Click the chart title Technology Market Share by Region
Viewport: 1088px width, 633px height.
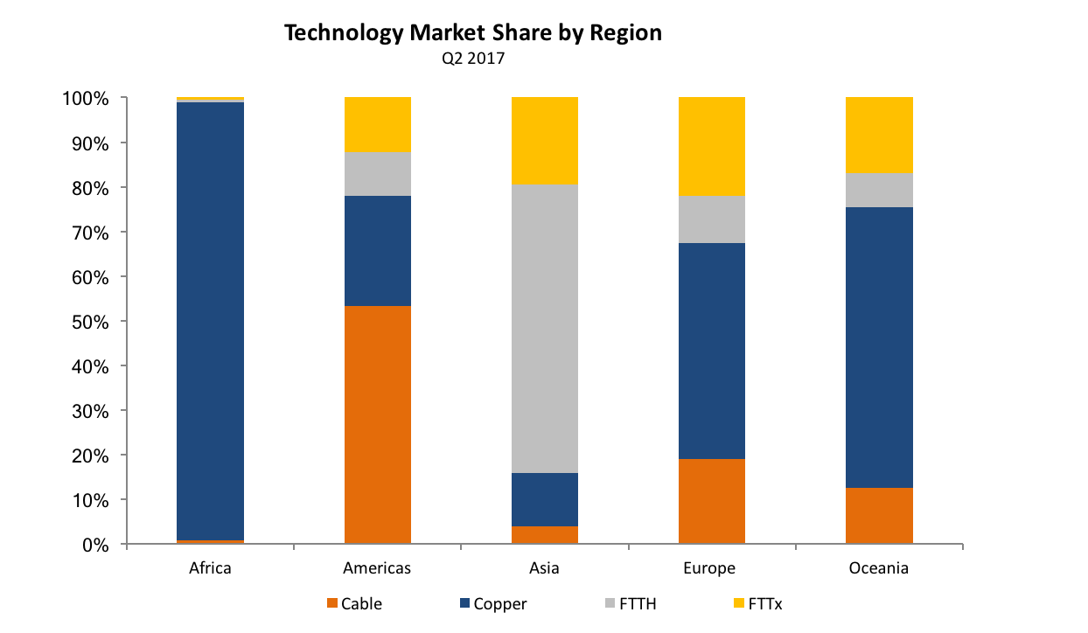pyautogui.click(x=473, y=34)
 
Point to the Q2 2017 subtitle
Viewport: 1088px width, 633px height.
pyautogui.click(x=473, y=59)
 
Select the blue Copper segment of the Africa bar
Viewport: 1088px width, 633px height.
pyautogui.click(x=210, y=321)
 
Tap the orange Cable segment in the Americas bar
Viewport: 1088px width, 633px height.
pyautogui.click(x=377, y=425)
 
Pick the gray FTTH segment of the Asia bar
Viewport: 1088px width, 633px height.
pyautogui.click(x=544, y=329)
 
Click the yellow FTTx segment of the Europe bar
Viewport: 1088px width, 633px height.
pyautogui.click(x=711, y=146)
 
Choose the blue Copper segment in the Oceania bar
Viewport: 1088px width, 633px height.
pyautogui.click(x=879, y=347)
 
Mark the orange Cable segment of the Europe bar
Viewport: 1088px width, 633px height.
pyautogui.click(x=711, y=501)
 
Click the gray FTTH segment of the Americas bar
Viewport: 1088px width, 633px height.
pyautogui.click(x=377, y=174)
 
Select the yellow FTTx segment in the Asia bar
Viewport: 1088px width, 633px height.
pyautogui.click(x=544, y=141)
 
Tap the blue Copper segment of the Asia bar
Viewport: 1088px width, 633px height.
pyautogui.click(x=544, y=499)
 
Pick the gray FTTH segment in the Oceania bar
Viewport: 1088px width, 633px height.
pyautogui.click(x=879, y=190)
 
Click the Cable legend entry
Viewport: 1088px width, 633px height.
pyautogui.click(x=354, y=603)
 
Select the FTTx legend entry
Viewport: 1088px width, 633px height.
pyautogui.click(x=757, y=603)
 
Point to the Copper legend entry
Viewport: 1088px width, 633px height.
pyautogui.click(x=494, y=603)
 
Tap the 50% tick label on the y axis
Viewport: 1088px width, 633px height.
pyautogui.click(x=90, y=321)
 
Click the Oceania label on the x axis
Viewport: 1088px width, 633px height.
pyautogui.click(x=878, y=568)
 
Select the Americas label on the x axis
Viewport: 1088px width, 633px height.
pyautogui.click(x=377, y=568)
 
